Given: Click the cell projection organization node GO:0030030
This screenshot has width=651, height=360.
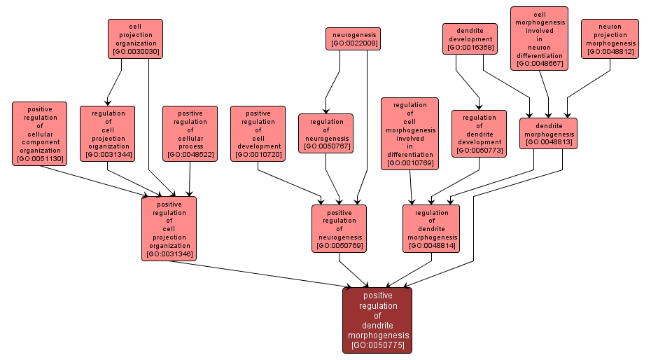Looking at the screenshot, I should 135,39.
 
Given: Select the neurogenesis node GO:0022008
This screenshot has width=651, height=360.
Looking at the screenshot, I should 353,39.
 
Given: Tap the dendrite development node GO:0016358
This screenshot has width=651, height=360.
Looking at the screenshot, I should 468,39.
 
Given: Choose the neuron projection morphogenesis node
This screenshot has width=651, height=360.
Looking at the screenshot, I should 610,39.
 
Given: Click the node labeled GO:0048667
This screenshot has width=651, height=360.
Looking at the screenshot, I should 539,39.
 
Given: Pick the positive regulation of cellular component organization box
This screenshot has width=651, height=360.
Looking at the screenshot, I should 40,133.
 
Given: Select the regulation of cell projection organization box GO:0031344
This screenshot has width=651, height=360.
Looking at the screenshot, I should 107,133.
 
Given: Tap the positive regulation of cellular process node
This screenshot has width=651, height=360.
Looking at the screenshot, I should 190,133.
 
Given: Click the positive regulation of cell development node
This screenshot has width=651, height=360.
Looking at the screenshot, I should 258,133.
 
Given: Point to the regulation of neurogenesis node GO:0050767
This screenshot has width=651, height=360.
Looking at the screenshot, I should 326,133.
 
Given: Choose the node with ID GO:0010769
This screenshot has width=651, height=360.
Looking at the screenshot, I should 409,134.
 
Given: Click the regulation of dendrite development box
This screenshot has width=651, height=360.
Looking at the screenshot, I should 479,133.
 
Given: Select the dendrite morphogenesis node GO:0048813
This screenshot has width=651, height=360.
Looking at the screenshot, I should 548,133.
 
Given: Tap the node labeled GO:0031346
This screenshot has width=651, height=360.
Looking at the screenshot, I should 169,228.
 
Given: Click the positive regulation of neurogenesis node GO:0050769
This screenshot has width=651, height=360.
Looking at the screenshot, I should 339,228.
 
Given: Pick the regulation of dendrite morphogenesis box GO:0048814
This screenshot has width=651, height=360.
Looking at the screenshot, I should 432,228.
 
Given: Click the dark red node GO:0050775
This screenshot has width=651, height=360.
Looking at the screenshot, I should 377,320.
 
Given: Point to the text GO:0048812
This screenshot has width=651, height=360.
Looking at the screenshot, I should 610,52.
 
